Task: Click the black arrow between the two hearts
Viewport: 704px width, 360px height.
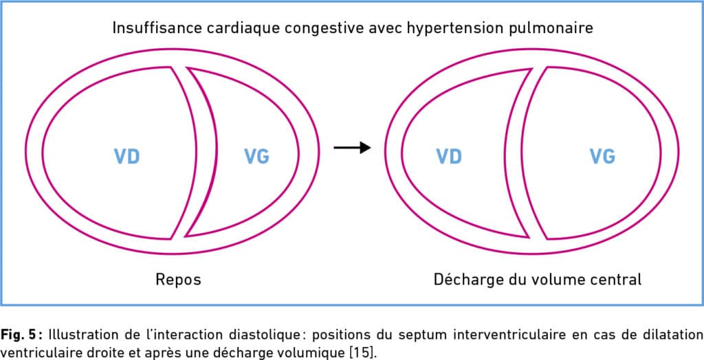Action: tap(352, 147)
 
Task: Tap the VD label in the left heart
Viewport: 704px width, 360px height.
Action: tap(126, 157)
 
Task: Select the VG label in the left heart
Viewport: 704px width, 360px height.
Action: tap(257, 157)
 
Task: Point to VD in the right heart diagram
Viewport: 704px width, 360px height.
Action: tap(449, 157)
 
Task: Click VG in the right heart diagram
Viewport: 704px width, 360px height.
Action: tap(602, 157)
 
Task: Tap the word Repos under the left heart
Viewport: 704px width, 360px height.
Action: tap(178, 280)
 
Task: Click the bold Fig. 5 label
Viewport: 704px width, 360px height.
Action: tap(21, 335)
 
